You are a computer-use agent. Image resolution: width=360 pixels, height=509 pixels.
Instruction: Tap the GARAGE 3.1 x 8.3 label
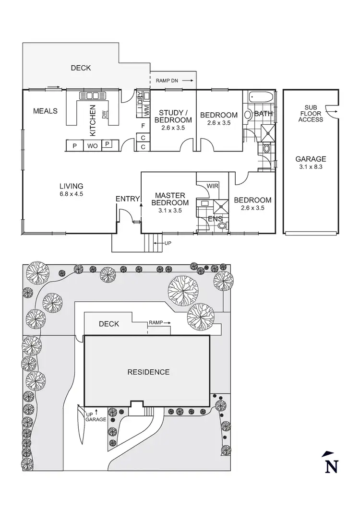pyautogui.click(x=311, y=163)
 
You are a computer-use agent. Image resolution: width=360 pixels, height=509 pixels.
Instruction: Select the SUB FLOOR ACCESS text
pyautogui.click(x=311, y=113)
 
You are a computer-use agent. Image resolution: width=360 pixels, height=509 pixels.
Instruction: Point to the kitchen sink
pyautogui.click(x=92, y=95)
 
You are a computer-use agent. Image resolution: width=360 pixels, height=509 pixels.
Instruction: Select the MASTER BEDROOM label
pyautogui.click(x=168, y=199)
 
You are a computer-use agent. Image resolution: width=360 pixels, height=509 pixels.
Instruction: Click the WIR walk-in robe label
pyautogui.click(x=212, y=186)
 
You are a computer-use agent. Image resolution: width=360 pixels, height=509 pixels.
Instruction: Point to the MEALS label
pyautogui.click(x=45, y=111)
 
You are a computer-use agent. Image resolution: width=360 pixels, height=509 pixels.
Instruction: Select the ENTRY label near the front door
pyautogui.click(x=127, y=199)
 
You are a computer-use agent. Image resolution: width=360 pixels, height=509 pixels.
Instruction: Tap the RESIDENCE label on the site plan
pyautogui.click(x=148, y=372)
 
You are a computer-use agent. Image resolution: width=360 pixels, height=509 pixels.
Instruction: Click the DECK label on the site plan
pyautogui.click(x=108, y=324)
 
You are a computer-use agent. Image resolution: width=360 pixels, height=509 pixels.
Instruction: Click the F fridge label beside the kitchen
pyautogui.click(x=143, y=126)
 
